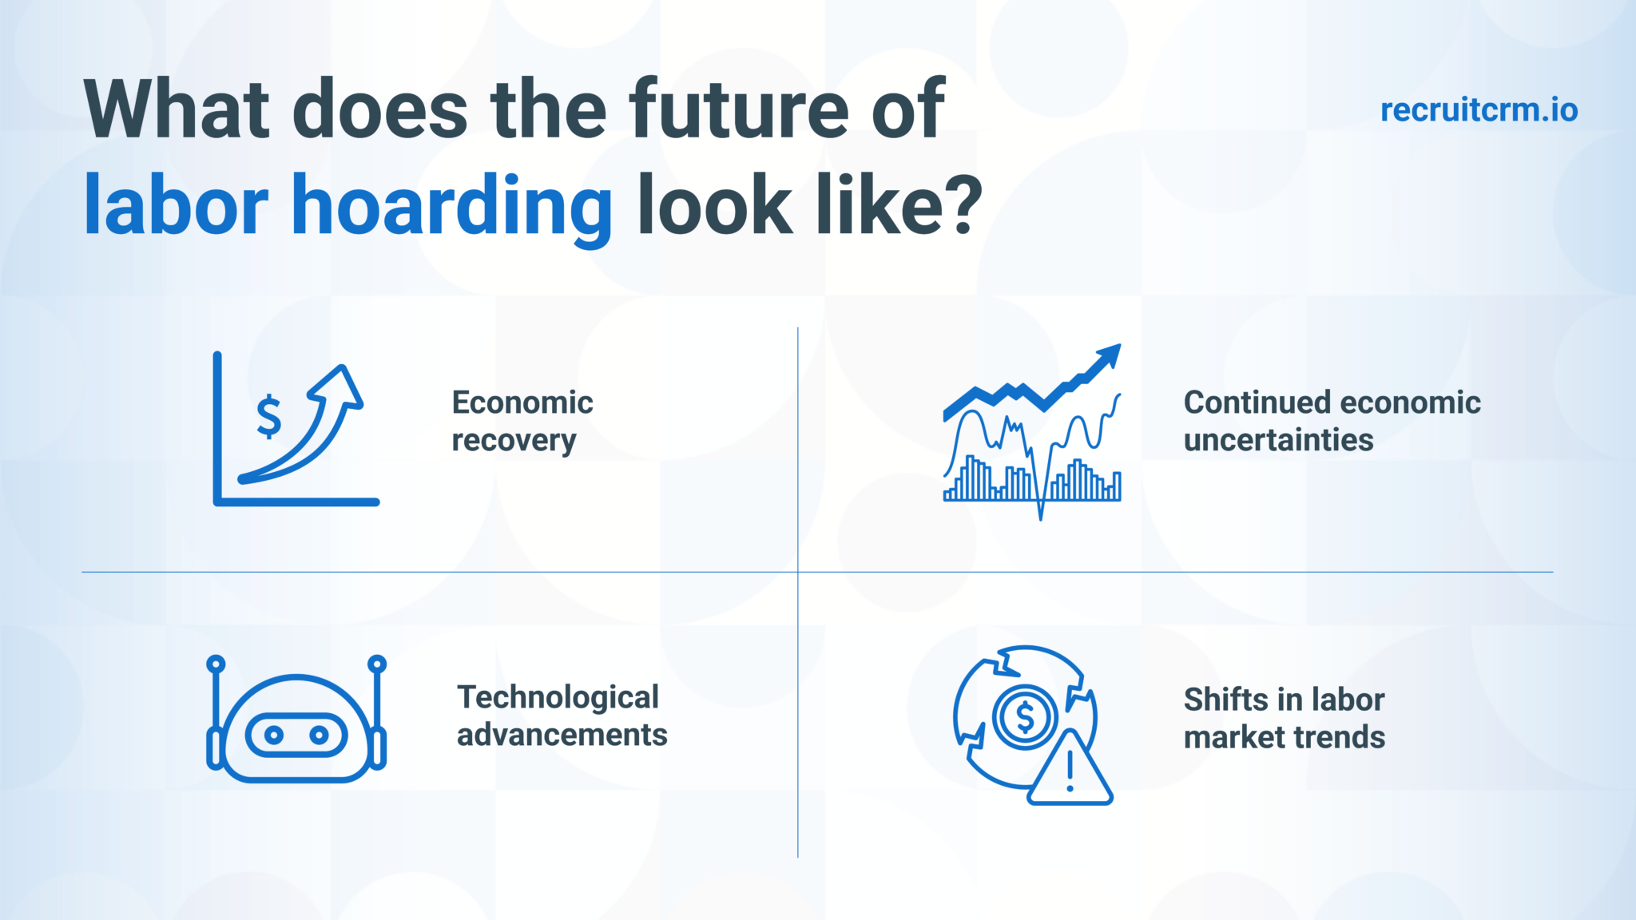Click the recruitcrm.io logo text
tap(1479, 110)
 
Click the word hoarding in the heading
tap(452, 206)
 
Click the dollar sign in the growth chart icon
tap(269, 417)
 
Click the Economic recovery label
tap(522, 421)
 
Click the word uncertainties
tap(1278, 440)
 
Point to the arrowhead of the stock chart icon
tap(1110, 355)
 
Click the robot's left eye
tap(274, 735)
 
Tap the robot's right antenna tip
tap(377, 664)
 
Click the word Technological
tap(558, 697)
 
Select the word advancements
tap(562, 735)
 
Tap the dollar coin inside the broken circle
tap(1025, 716)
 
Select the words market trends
tap(1284, 737)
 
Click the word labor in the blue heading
tap(176, 206)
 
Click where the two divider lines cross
tap(798, 572)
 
